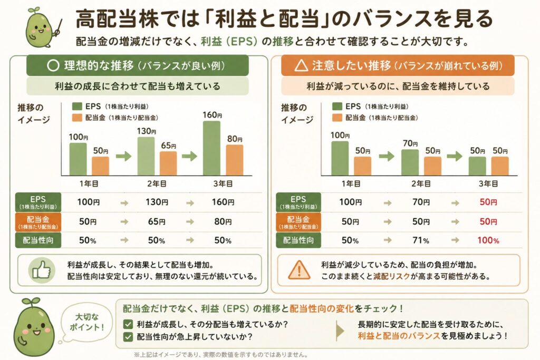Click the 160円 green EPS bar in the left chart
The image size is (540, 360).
[x=211, y=148]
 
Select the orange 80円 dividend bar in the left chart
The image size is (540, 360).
[x=235, y=160]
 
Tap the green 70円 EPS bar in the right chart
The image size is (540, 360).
[x=410, y=162]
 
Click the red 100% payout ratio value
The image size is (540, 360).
[x=488, y=240]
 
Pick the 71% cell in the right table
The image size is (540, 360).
[x=421, y=240]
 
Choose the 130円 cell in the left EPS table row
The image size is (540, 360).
[x=157, y=202]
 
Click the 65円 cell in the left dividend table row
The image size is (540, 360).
[x=157, y=221]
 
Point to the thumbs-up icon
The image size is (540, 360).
[x=41, y=270]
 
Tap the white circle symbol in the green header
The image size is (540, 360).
[x=53, y=65]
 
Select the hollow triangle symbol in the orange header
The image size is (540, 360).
[x=301, y=65]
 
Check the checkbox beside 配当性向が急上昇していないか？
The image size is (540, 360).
[x=128, y=336]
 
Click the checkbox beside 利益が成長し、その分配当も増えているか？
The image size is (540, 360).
[x=128, y=324]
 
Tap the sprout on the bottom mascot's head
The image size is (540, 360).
[x=31, y=303]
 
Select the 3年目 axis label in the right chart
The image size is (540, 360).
[x=488, y=183]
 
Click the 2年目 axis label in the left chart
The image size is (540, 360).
[x=157, y=183]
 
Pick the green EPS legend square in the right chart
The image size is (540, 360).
[x=337, y=106]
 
